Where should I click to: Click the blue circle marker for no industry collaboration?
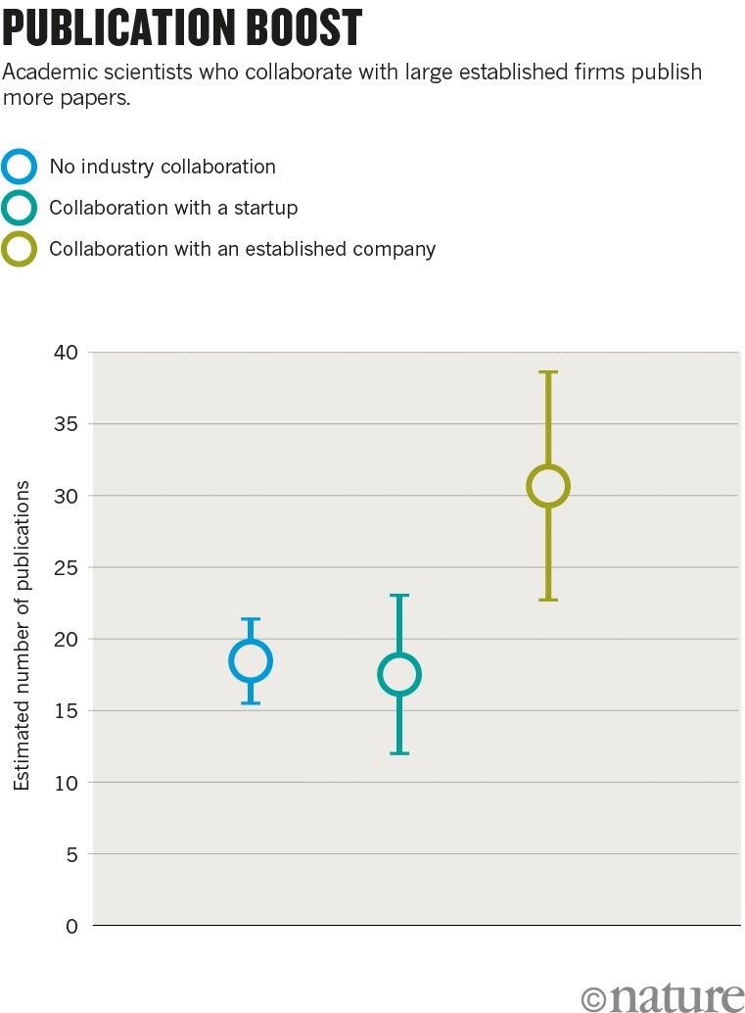coord(251,661)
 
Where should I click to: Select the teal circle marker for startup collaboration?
coord(399,674)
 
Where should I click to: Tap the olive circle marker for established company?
coord(548,486)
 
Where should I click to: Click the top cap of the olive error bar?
coord(548,372)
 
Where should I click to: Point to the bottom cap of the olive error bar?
coord(548,600)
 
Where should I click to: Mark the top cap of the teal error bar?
coord(399,595)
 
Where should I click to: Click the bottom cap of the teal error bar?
coord(399,753)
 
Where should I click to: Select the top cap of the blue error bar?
coord(251,619)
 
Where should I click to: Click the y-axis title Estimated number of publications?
coord(22,637)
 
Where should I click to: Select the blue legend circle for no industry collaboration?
coord(20,167)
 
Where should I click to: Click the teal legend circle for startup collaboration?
coord(20,208)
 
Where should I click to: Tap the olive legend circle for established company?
coord(20,249)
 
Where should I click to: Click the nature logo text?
coord(675,995)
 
